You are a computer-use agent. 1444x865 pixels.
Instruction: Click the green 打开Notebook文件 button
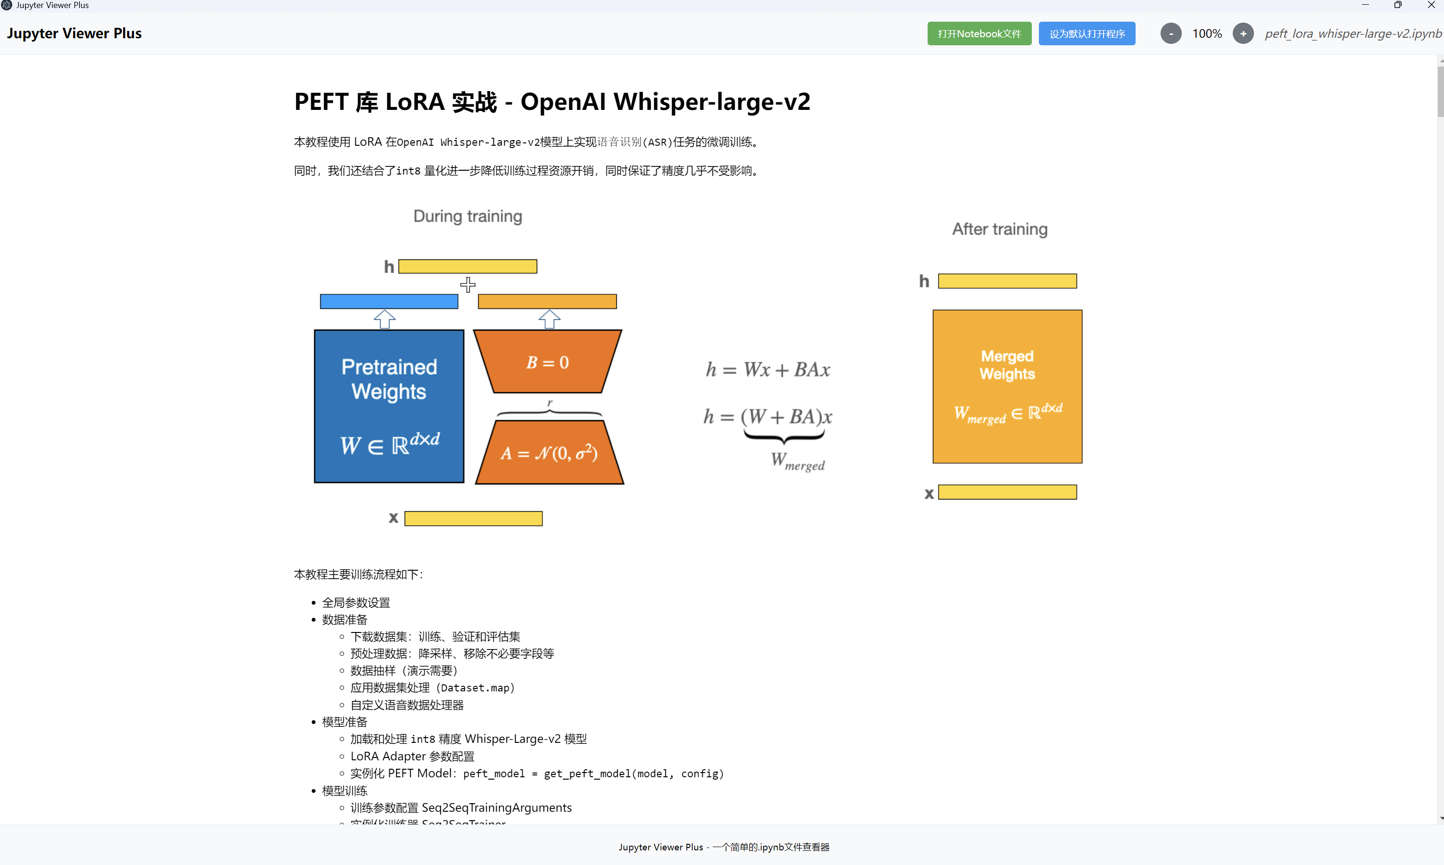979,34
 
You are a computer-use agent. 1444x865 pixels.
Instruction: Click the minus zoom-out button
1170,34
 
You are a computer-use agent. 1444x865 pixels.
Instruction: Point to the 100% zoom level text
1206,34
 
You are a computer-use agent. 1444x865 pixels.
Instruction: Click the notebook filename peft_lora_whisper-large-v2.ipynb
1353,34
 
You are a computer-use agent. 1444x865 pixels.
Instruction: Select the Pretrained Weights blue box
389,406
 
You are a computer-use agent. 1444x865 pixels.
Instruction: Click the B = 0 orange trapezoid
547,362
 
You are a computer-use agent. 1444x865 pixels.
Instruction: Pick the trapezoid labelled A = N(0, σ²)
549,453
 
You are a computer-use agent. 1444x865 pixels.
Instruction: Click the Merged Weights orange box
1007,386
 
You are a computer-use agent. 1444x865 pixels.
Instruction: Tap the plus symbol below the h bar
467,284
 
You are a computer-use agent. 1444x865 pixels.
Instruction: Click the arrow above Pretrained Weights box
385,319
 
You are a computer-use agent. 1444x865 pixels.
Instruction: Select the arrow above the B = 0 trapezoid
549,319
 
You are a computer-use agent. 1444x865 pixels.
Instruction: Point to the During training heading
467,216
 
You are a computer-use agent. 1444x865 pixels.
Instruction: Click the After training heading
999,229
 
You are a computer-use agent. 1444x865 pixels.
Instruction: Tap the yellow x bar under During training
473,518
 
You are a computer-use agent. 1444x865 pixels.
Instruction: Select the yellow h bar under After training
1007,281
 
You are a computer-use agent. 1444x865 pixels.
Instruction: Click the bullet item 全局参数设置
356,603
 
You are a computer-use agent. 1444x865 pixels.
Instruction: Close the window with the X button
1431,5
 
